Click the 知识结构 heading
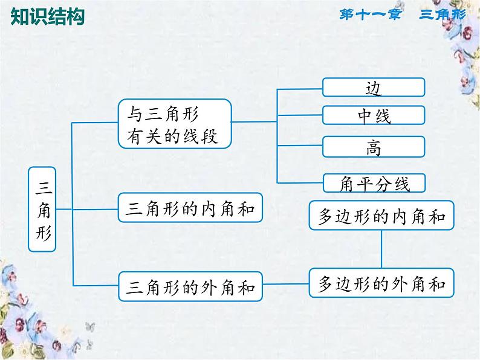(x=48, y=16)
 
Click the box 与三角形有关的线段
(x=175, y=124)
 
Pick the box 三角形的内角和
(x=192, y=208)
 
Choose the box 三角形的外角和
(x=192, y=285)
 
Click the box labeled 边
(x=374, y=88)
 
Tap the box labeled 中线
(x=374, y=115)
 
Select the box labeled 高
(x=374, y=147)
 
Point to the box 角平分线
(x=374, y=182)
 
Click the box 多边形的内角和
(x=381, y=214)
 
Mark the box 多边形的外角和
(x=381, y=282)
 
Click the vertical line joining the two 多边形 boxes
(x=381, y=249)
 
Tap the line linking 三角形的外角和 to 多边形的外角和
(x=287, y=284)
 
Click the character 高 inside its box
(x=374, y=147)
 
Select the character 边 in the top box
(x=374, y=88)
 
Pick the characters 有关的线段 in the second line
(x=175, y=137)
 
